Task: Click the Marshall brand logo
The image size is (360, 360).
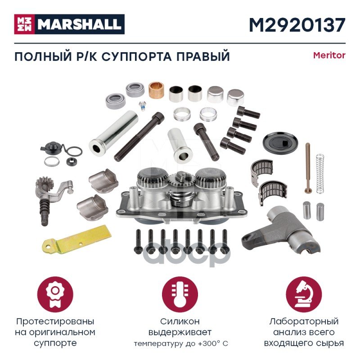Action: pyautogui.click(x=69, y=24)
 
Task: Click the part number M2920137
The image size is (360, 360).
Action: pyautogui.click(x=297, y=25)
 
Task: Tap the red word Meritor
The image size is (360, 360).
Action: pyautogui.click(x=329, y=55)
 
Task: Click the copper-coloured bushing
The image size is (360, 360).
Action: pyautogui.click(x=156, y=90)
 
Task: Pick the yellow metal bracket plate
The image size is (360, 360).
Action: pyautogui.click(x=77, y=240)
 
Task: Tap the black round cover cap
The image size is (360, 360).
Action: pyautogui.click(x=280, y=142)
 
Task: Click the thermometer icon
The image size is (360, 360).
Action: pyautogui.click(x=180, y=295)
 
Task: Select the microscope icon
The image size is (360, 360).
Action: pyautogui.click(x=304, y=295)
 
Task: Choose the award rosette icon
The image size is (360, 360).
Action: pyautogui.click(x=55, y=295)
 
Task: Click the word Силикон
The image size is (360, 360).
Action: pyautogui.click(x=180, y=321)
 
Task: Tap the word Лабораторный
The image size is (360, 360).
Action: pyautogui.click(x=304, y=322)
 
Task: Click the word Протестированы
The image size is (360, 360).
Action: pyautogui.click(x=55, y=322)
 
